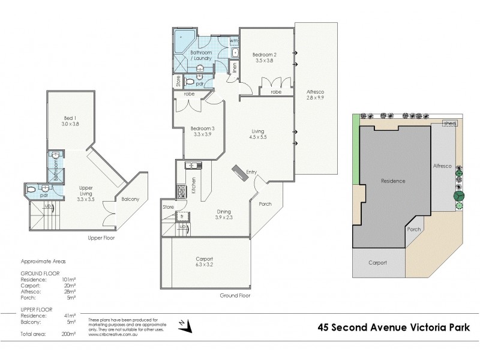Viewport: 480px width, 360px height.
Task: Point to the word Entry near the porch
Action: (x=251, y=173)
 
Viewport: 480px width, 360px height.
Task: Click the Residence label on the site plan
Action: (x=393, y=181)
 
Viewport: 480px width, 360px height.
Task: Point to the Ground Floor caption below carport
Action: (x=236, y=295)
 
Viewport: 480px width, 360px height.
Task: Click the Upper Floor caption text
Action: (x=101, y=238)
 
